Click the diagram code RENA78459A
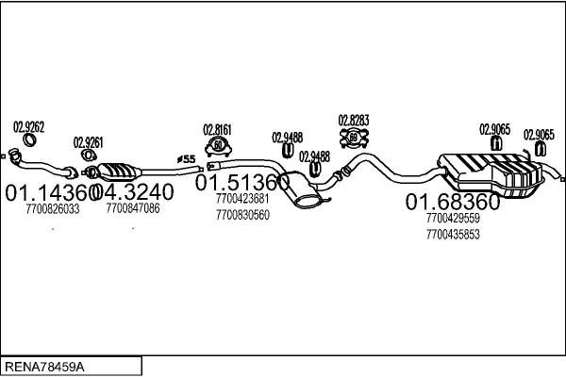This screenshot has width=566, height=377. tap(44, 367)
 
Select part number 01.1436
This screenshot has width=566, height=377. tap(49, 192)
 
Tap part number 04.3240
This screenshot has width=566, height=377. tap(133, 192)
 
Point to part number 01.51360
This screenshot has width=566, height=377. tap(242, 182)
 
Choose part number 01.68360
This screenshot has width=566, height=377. tap(453, 202)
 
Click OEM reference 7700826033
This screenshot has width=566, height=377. tap(53, 209)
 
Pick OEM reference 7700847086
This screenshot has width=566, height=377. tap(133, 208)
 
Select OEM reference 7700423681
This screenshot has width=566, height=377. tap(242, 199)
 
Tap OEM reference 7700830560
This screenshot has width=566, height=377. tap(242, 215)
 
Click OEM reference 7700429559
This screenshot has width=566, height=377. tap(453, 218)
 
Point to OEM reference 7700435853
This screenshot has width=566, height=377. tap(453, 235)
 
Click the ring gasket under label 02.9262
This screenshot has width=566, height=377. tap(29, 139)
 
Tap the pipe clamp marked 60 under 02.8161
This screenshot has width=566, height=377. tap(218, 146)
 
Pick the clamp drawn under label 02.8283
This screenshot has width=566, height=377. tap(354, 137)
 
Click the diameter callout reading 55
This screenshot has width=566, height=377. tap(186, 159)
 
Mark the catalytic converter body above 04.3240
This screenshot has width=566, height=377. tap(119, 172)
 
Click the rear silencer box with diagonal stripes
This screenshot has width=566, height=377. tap(490, 174)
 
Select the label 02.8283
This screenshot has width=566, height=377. tap(354, 121)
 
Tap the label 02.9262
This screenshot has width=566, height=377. tap(29, 127)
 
